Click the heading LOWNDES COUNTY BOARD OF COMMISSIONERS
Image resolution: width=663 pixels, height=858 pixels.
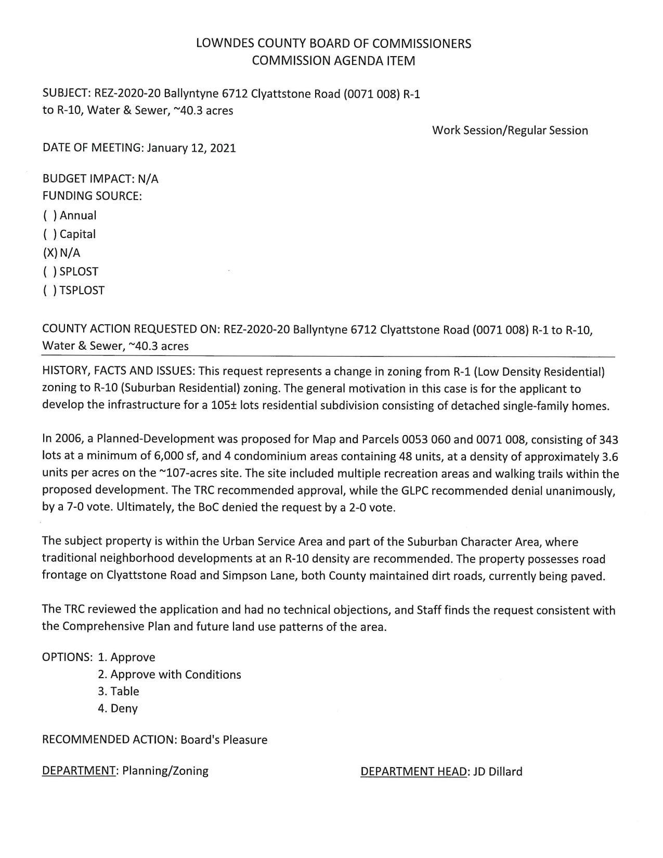tap(333, 44)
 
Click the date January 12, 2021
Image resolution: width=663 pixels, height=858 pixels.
tap(191, 148)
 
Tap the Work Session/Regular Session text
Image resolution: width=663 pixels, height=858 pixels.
tap(510, 130)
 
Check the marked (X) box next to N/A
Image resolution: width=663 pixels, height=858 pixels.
tap(50, 253)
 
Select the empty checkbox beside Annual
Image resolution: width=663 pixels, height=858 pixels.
tap(50, 216)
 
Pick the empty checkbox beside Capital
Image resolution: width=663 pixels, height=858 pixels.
tap(50, 234)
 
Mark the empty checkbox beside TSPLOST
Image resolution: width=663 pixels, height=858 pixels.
tap(50, 291)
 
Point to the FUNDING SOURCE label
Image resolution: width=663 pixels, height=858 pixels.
tap(92, 196)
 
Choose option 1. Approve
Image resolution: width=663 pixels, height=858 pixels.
tap(126, 657)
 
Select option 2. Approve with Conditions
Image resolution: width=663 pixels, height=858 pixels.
tap(170, 675)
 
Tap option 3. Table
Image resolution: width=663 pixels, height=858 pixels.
tap(119, 692)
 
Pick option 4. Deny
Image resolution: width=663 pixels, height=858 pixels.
tap(118, 708)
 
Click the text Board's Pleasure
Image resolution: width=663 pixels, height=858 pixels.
tap(224, 740)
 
